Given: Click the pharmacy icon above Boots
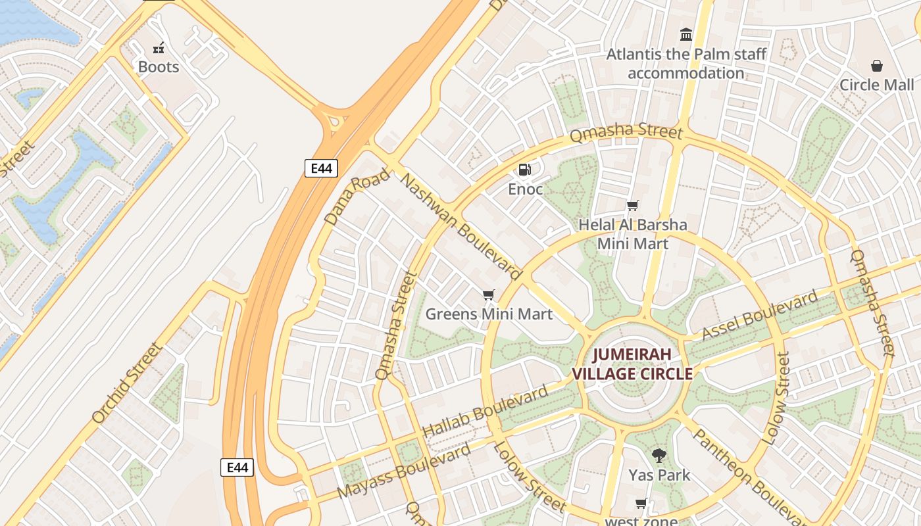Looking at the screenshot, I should (x=159, y=47).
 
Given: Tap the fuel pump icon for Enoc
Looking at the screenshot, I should (x=524, y=170).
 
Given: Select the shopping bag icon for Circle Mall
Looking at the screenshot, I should (x=876, y=66).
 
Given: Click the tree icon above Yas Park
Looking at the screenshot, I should (x=659, y=456).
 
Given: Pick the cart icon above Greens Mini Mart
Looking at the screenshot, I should (x=488, y=295).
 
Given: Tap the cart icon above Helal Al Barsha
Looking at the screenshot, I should (x=632, y=205).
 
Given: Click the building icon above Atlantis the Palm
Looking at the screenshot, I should (x=686, y=34).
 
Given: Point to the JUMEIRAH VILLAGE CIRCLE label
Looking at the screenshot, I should (x=632, y=364).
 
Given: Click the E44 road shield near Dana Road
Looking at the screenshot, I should (x=321, y=168).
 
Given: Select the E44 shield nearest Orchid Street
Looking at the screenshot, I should (x=237, y=467).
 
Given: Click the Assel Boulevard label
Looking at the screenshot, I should (x=759, y=317).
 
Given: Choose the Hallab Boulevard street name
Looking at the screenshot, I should (x=485, y=412).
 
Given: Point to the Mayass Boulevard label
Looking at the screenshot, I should (x=404, y=471).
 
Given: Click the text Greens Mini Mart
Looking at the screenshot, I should (x=489, y=314).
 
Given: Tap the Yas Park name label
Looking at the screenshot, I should (x=659, y=475).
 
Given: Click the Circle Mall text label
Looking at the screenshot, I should (x=876, y=85).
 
